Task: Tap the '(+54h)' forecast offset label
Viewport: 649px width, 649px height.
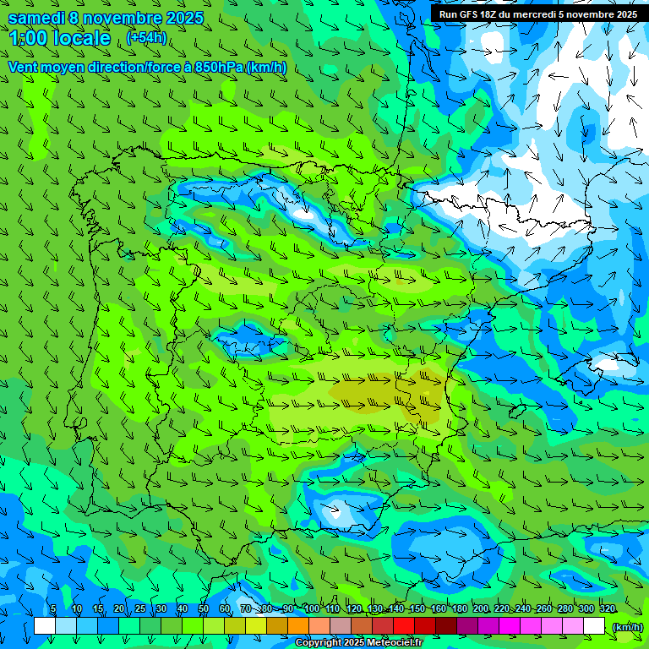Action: coord(146,38)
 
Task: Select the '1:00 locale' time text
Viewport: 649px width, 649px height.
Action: coord(60,39)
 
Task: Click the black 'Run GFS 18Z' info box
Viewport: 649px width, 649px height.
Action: coord(537,14)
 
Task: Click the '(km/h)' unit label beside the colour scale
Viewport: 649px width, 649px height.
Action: coord(627,626)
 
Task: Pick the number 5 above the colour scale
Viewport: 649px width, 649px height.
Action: coord(53,608)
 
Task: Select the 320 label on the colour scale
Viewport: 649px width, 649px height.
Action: coord(608,608)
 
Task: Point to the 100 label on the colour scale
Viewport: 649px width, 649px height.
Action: coord(312,608)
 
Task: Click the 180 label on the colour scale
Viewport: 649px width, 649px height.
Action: coord(460,608)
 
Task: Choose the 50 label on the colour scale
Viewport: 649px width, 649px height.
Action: coord(204,608)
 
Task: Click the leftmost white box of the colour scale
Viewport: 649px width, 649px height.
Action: coord(45,625)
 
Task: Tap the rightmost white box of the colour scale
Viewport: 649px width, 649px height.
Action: coord(594,625)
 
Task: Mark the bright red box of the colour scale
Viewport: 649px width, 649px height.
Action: coord(404,625)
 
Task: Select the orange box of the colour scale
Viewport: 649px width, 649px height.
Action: coord(298,625)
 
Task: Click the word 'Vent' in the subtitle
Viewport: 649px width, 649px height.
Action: coord(24,68)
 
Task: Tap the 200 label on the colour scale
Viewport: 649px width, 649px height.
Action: coord(481,608)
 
